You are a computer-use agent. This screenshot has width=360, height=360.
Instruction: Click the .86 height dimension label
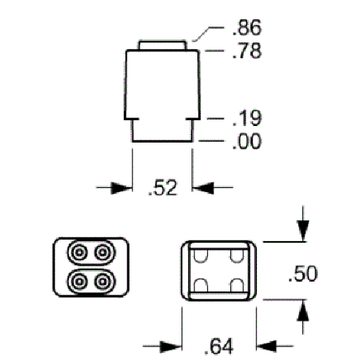(x=247, y=27)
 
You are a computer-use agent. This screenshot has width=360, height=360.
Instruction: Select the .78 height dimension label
(x=247, y=50)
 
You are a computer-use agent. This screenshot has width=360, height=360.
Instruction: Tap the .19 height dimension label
(x=247, y=118)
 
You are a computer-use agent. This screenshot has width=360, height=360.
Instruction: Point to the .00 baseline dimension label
(x=247, y=141)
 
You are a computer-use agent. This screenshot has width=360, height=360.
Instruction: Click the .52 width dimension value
(x=163, y=187)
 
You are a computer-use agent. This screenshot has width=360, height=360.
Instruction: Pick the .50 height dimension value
(x=303, y=274)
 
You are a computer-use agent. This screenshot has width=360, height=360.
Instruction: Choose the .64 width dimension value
(x=219, y=346)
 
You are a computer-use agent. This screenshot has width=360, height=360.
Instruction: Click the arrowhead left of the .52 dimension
(x=122, y=188)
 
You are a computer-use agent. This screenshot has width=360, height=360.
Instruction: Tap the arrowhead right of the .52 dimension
(x=203, y=188)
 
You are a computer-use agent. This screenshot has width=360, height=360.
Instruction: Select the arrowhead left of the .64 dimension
(x=171, y=346)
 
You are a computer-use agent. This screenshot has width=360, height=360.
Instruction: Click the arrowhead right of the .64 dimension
(x=267, y=346)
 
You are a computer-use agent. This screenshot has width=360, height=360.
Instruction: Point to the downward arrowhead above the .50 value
(x=303, y=231)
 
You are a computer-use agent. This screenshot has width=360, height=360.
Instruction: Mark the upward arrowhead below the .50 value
(x=303, y=310)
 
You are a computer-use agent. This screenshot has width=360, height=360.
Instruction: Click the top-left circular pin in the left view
(x=79, y=252)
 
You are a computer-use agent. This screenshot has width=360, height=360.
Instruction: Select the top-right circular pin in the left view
(x=103, y=252)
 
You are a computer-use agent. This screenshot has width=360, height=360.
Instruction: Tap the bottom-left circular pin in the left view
(x=79, y=282)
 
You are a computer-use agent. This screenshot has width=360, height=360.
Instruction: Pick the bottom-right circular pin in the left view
(x=103, y=282)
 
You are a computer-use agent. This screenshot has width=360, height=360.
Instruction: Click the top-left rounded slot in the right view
(x=201, y=256)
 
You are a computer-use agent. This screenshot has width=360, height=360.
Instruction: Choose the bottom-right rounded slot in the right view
(x=237, y=285)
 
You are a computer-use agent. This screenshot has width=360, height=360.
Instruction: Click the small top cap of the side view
(x=162, y=45)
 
